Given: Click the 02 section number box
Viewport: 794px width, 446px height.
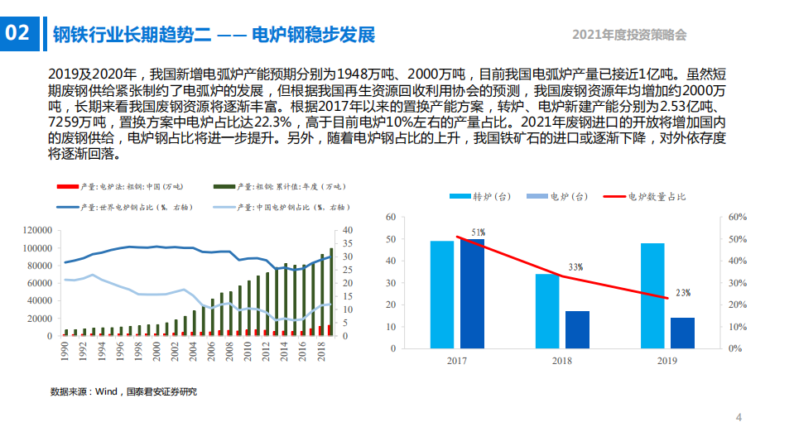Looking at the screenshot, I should click(x=18, y=33).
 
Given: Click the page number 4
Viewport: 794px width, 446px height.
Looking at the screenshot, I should click(x=739, y=417).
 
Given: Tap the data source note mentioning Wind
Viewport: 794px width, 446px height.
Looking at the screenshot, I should click(x=123, y=391).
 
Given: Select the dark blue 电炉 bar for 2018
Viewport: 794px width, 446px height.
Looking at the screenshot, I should click(x=577, y=329).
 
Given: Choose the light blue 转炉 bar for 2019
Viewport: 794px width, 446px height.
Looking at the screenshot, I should click(x=652, y=295).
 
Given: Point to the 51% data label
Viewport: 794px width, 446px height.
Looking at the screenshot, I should click(x=478, y=233).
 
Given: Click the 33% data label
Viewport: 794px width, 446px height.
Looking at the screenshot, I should click(x=575, y=267).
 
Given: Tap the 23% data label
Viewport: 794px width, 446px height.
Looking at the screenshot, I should click(x=682, y=293).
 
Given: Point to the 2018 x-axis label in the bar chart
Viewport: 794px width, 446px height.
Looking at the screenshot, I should click(x=562, y=361).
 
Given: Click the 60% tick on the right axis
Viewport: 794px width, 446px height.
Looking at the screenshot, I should click(x=738, y=217).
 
